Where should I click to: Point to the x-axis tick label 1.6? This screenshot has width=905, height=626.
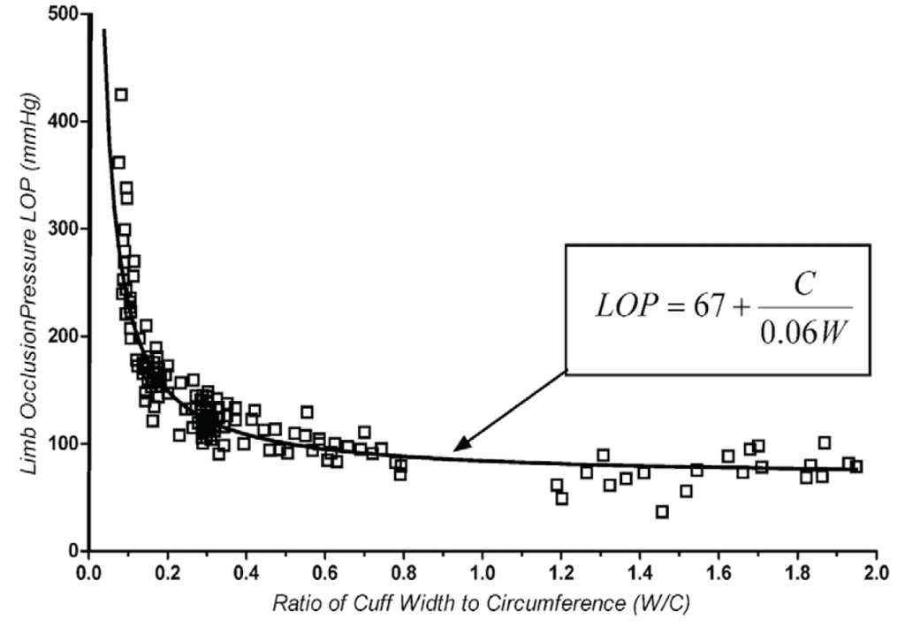(x=719, y=570)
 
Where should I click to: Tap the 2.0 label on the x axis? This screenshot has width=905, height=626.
(x=876, y=570)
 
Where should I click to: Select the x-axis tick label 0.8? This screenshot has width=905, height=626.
(x=403, y=570)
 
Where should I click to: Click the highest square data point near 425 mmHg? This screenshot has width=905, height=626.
(x=121, y=94)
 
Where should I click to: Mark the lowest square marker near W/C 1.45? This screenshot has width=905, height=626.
(x=662, y=511)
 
